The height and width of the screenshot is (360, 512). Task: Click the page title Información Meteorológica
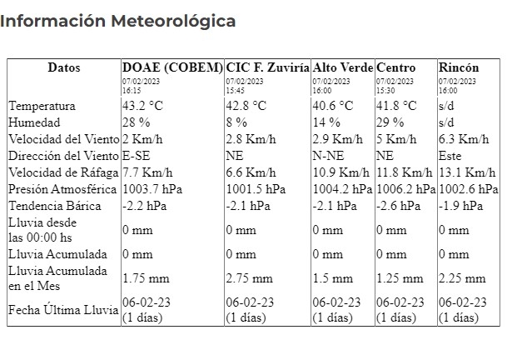tap(117, 21)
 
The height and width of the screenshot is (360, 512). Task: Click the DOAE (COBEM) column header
tap(172, 67)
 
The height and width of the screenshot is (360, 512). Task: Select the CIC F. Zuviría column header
tap(267, 67)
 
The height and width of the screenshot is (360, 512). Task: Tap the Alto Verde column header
tap(342, 67)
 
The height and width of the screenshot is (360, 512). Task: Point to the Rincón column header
tap(459, 67)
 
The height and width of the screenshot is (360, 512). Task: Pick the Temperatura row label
tap(42, 106)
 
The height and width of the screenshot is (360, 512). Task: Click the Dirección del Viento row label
tap(63, 155)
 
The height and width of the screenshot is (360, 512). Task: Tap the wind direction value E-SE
tap(137, 155)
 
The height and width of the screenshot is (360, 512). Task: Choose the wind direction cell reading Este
tap(450, 155)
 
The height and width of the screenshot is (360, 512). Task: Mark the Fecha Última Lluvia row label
tap(63, 310)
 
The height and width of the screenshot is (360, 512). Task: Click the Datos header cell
tap(64, 67)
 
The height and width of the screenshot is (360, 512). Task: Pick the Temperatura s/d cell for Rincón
tap(446, 106)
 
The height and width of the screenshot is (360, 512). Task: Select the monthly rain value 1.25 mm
tap(394, 279)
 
